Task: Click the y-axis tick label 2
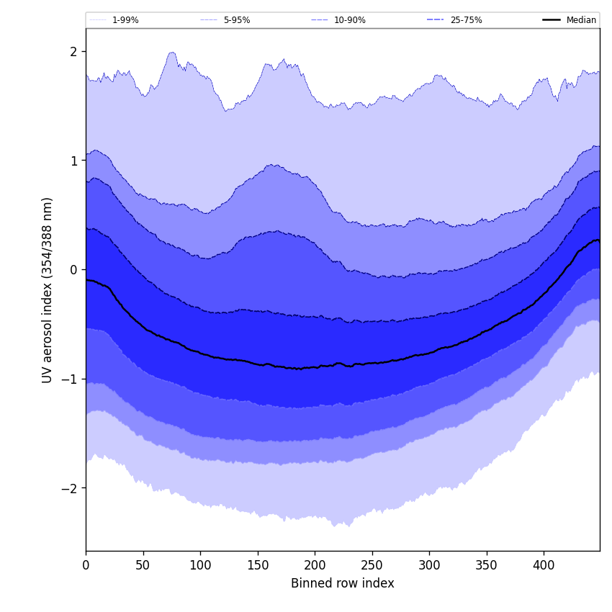coord(73,52)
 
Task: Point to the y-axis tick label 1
coord(73,161)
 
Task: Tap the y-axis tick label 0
coord(73,270)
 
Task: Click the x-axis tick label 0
coord(86,566)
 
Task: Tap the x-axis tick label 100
coord(200,566)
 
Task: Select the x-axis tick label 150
coord(258,566)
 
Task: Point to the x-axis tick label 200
coord(315,566)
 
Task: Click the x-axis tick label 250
coord(372,566)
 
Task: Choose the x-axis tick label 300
coord(429,566)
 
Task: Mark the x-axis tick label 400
coord(544,566)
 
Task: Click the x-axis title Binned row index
coord(343,584)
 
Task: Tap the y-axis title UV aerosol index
coord(48,290)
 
